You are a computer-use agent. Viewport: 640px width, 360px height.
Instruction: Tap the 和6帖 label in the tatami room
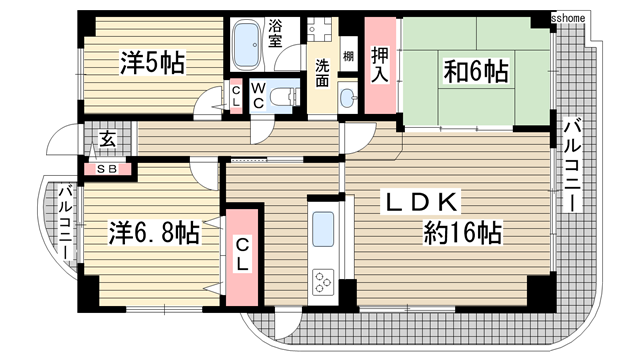click(x=475, y=71)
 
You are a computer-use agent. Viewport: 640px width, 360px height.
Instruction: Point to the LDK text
click(x=424, y=202)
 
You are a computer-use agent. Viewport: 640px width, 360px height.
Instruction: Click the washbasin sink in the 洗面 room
click(x=347, y=97)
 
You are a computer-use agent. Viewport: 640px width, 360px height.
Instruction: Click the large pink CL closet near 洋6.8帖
click(x=243, y=255)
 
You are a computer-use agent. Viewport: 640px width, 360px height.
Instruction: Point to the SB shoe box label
click(x=106, y=170)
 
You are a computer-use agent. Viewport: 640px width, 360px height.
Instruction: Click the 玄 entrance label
click(x=106, y=139)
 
